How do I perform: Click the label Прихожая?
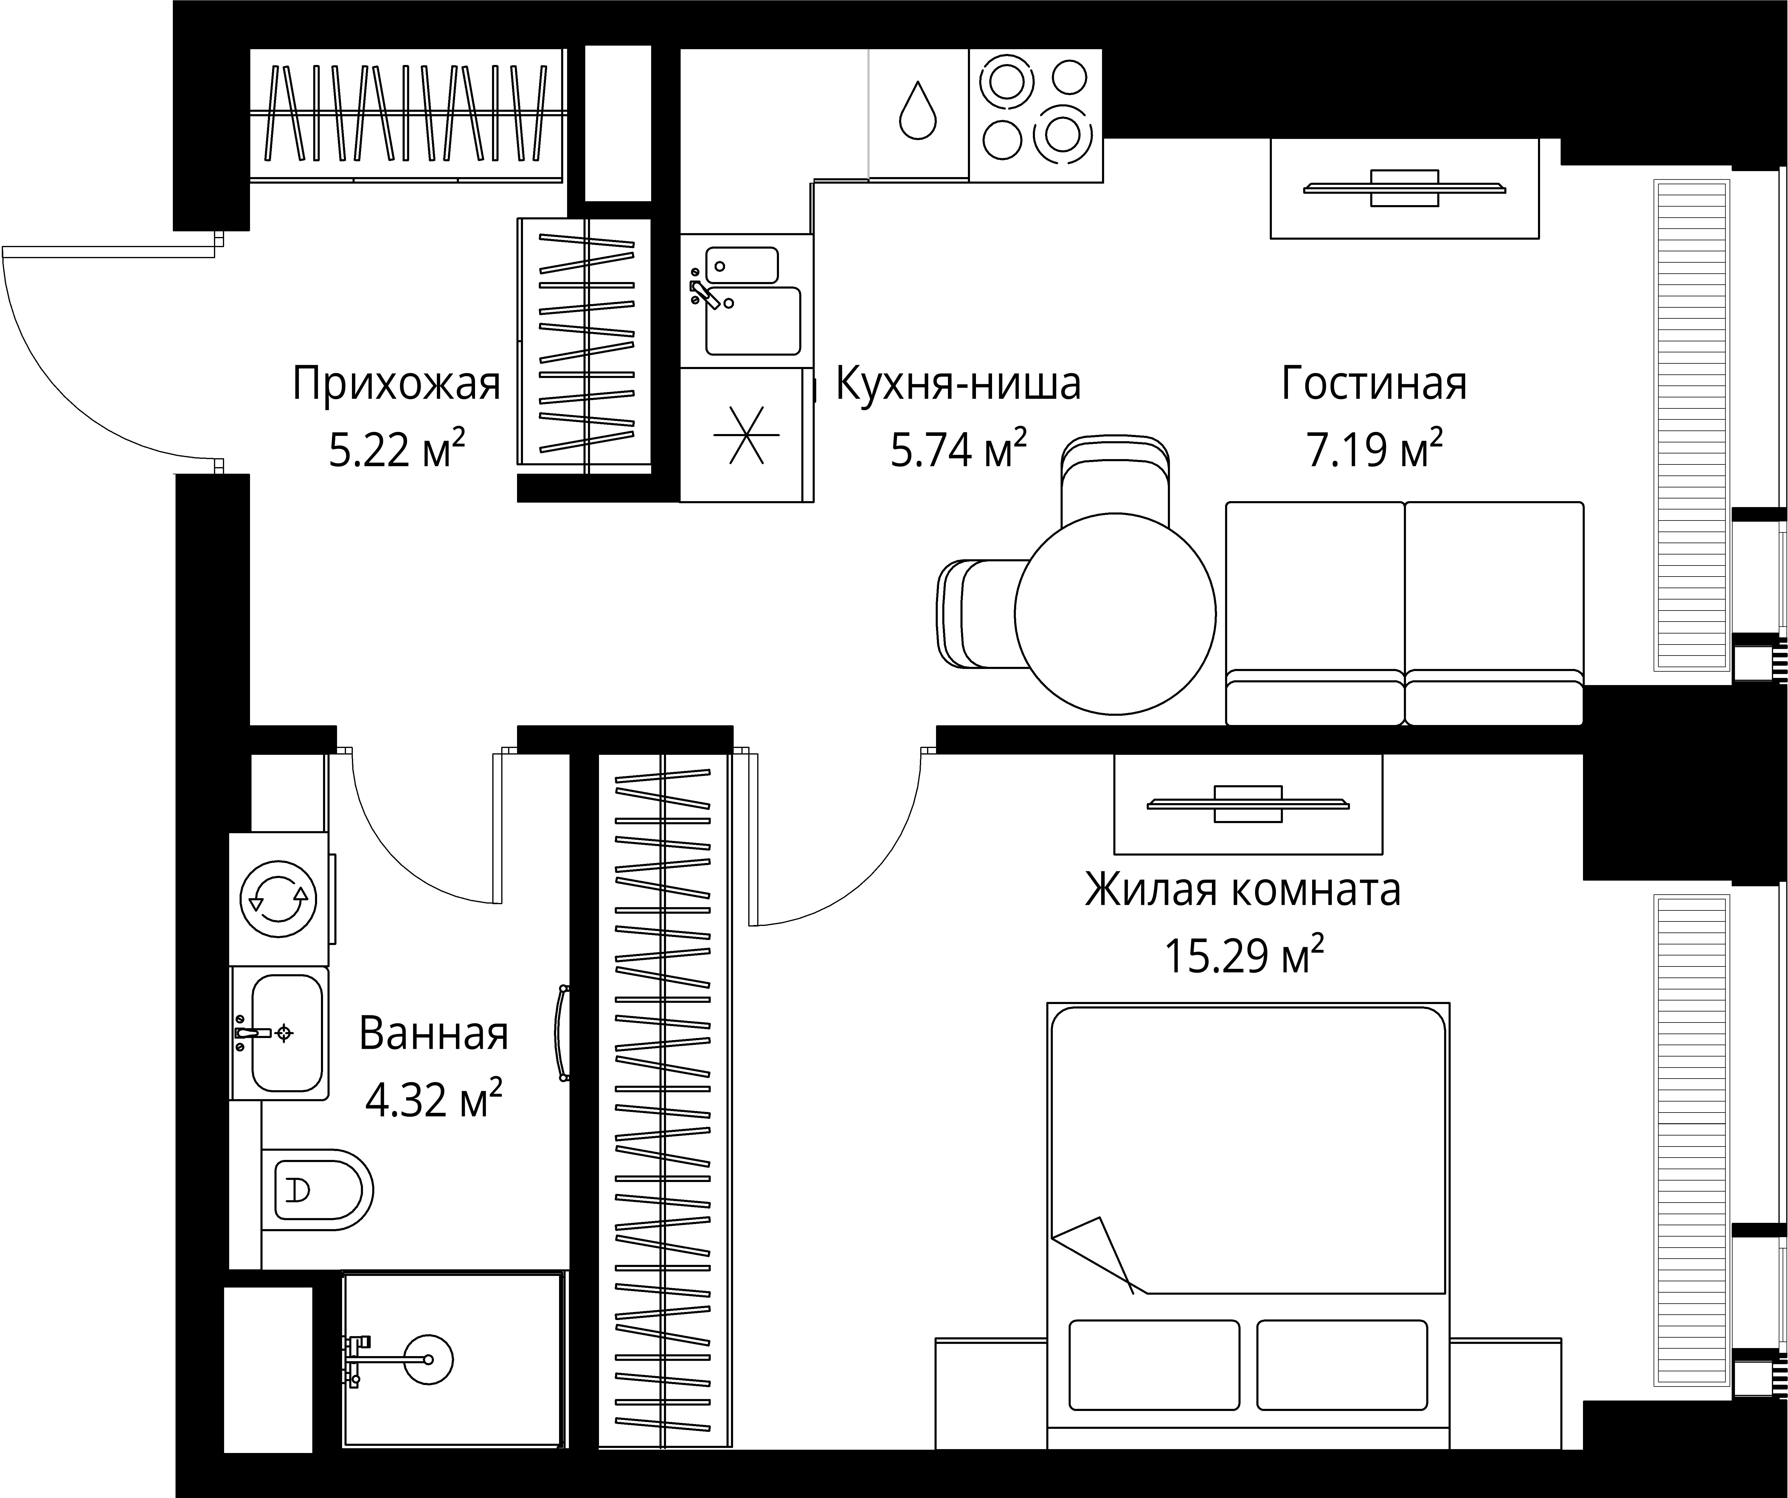(396, 384)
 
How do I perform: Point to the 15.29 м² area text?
(1243, 955)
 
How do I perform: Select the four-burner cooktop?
(1034, 115)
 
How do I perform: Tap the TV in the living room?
(1404, 188)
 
